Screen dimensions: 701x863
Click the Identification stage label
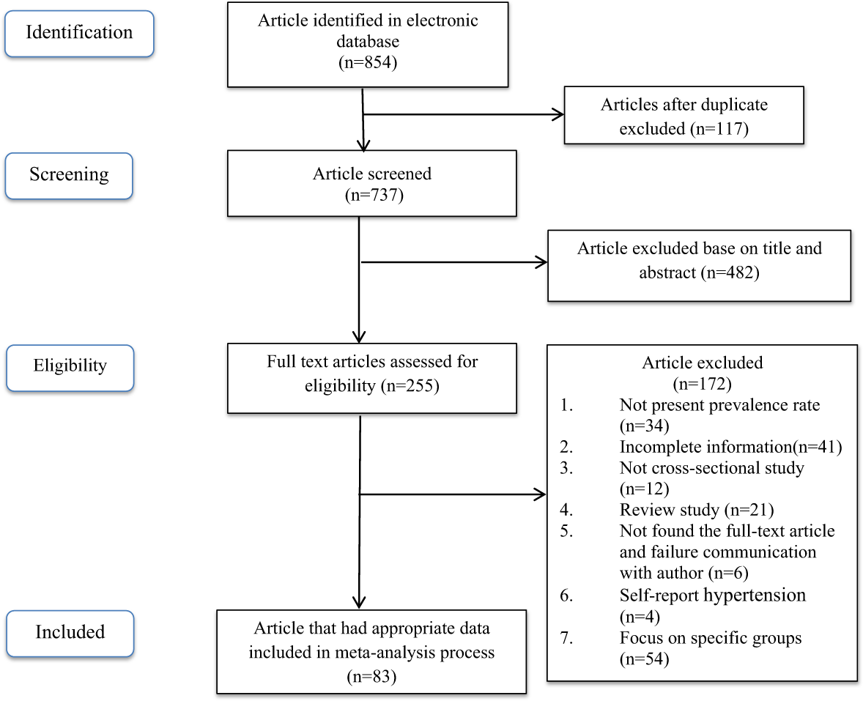[x=79, y=33]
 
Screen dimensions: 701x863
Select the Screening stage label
[x=69, y=174]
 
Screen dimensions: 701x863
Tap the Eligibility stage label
[x=70, y=365]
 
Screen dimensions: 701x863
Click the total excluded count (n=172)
[x=702, y=382]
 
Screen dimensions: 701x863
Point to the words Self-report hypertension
[x=712, y=595]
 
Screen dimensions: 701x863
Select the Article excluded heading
[x=702, y=362]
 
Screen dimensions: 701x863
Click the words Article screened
[x=372, y=174]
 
